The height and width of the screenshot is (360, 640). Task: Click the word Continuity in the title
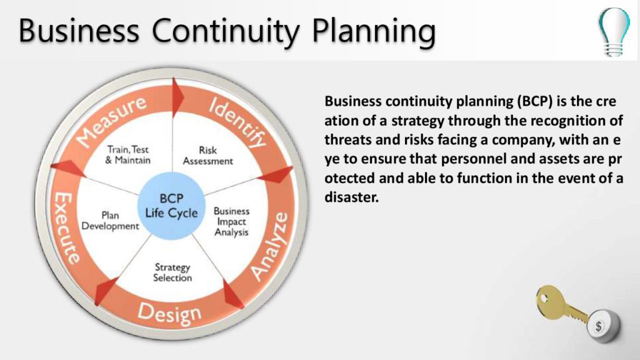click(225, 31)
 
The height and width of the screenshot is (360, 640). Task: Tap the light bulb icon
click(614, 31)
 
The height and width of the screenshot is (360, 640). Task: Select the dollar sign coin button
click(603, 325)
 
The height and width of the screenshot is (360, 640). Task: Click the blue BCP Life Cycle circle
click(171, 205)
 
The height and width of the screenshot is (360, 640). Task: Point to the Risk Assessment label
click(207, 156)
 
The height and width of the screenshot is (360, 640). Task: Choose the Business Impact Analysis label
click(231, 222)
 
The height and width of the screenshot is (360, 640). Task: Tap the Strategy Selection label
click(172, 272)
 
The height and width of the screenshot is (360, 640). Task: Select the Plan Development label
click(110, 221)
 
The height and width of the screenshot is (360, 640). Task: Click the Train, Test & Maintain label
click(127, 155)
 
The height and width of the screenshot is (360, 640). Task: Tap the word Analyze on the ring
click(269, 246)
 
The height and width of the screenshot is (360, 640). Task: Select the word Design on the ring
click(169, 315)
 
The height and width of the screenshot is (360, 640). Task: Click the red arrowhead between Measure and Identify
click(177, 97)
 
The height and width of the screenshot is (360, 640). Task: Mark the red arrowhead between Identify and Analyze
click(275, 175)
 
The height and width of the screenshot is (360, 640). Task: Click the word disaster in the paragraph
click(351, 197)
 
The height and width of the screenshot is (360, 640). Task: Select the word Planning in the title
click(374, 32)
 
